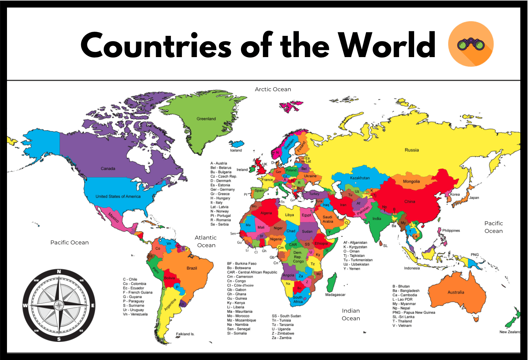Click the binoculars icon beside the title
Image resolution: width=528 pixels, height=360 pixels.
click(471, 44)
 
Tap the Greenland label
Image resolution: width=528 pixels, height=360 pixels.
click(206, 119)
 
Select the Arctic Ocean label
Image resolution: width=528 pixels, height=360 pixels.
click(273, 89)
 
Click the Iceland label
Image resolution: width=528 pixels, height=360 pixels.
click(236, 150)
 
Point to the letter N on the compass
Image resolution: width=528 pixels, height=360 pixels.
click(59, 272)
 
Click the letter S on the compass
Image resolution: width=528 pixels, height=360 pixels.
click(59, 339)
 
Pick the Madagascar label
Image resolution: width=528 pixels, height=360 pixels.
click(335, 295)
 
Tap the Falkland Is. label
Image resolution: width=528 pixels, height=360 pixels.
click(185, 334)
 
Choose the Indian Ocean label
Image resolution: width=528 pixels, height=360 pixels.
click(351, 314)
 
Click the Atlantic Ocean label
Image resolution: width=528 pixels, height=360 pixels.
click(206, 241)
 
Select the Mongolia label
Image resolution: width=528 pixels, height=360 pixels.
click(411, 181)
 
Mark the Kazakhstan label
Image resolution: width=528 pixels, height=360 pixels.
click(360, 178)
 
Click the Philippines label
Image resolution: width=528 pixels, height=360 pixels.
click(451, 230)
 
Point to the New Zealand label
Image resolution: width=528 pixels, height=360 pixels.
click(510, 332)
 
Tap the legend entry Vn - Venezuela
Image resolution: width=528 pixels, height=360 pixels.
click(135, 314)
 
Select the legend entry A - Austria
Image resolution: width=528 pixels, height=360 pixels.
click(218, 163)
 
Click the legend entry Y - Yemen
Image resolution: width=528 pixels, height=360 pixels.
click(352, 268)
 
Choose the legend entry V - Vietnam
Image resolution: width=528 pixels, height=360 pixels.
click(402, 326)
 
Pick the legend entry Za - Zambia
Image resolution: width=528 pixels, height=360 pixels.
click(281, 338)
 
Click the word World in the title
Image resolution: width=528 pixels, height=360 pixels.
click(387, 45)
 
